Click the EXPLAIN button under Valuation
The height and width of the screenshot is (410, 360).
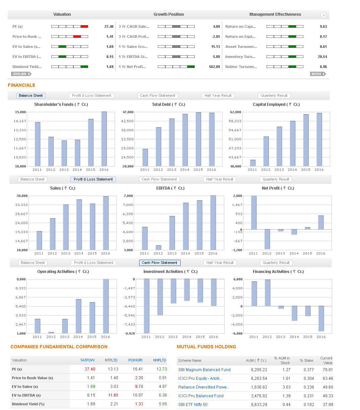point(21,74)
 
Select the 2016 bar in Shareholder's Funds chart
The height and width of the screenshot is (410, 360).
point(104,139)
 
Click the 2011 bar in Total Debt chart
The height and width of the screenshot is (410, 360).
point(145,157)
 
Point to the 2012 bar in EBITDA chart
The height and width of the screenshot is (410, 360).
point(159,248)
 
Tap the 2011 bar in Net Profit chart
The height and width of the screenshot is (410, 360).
point(254,212)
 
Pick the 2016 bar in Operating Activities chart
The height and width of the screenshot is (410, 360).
point(106,306)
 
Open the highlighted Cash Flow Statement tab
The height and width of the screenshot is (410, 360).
point(160,263)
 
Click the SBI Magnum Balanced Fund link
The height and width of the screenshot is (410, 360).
point(204,370)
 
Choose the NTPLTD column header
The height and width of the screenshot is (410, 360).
point(111,360)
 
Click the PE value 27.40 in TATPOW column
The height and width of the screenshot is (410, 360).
point(90,369)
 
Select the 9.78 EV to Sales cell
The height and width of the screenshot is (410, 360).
point(139,387)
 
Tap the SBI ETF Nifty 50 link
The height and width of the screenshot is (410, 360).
point(193,405)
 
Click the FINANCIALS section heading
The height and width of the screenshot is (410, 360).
point(21,85)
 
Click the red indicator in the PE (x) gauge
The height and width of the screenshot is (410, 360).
point(84,26)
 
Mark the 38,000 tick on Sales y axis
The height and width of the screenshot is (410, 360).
point(22,196)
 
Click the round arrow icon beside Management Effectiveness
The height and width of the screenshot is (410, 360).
point(323,15)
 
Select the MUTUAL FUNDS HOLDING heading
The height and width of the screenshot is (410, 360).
point(206,347)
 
